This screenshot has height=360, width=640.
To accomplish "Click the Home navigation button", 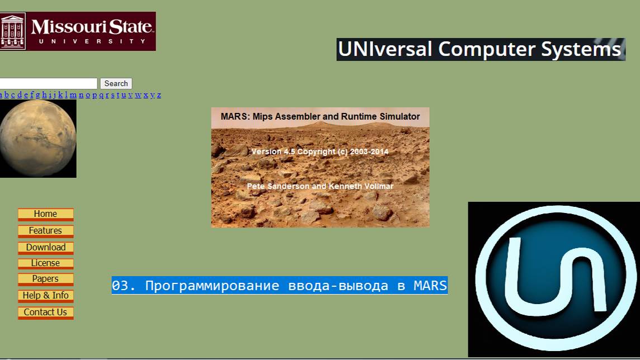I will coord(45,214).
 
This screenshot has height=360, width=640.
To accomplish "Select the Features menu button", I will coord(45,231).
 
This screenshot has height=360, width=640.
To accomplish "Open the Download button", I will coord(45,248).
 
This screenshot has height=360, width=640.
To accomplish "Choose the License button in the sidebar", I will coord(45,263).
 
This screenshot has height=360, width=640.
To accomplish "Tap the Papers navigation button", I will coord(45,279).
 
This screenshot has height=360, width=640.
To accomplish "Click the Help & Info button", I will coord(45,296).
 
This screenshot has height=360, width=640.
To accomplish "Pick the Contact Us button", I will coord(45,312).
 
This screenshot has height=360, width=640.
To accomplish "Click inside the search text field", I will coord(49,83).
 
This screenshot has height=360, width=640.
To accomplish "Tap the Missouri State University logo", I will coord(77,31).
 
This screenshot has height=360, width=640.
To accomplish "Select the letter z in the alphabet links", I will coord(159,95).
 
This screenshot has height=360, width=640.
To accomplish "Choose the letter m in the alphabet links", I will coord(73,95).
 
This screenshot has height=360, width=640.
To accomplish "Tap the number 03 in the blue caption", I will coord(120,286).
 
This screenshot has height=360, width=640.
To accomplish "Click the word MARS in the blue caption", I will coord(430,286).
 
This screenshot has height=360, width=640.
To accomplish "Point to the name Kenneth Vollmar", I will coord(364,186).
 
